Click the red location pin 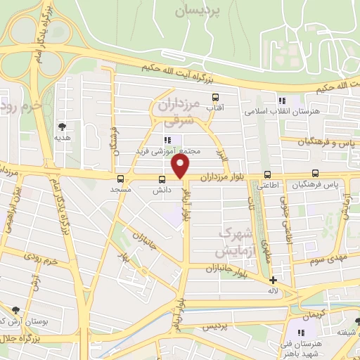[x=181, y=167]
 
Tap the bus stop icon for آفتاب [x=214, y=98]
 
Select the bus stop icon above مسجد [x=120, y=179]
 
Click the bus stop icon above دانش [x=162, y=179]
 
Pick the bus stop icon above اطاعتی [x=266, y=174]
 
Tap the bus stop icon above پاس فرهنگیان [x=315, y=174]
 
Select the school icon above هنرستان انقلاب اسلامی [x=282, y=101]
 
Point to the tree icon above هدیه [x=63, y=127]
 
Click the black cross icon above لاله [x=273, y=280]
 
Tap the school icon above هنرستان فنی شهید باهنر [x=303, y=330]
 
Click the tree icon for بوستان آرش [x=15, y=310]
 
